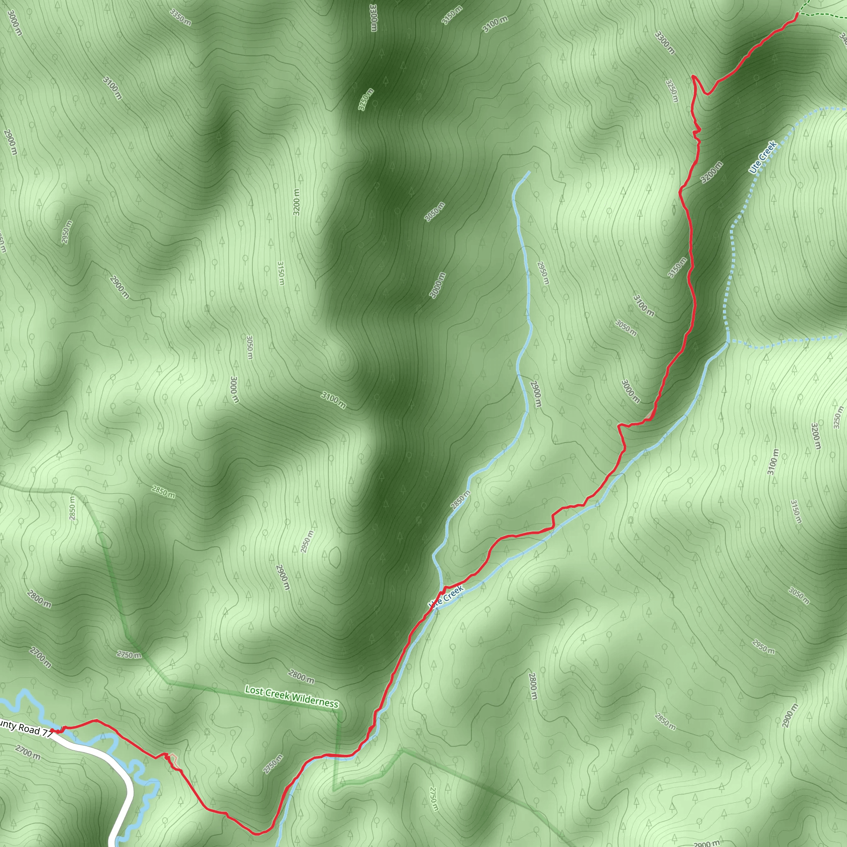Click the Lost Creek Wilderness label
click(x=292, y=696)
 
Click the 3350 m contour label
click(x=181, y=17)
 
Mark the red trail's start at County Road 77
click(x=53, y=730)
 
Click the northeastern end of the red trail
click(x=797, y=14)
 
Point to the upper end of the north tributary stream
click(x=529, y=172)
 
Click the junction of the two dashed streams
click(x=728, y=341)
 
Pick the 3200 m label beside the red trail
click(x=711, y=172)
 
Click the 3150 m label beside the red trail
click(x=677, y=268)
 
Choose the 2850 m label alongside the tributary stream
click(x=460, y=499)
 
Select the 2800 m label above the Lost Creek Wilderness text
click(x=301, y=677)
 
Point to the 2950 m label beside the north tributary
click(x=543, y=273)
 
